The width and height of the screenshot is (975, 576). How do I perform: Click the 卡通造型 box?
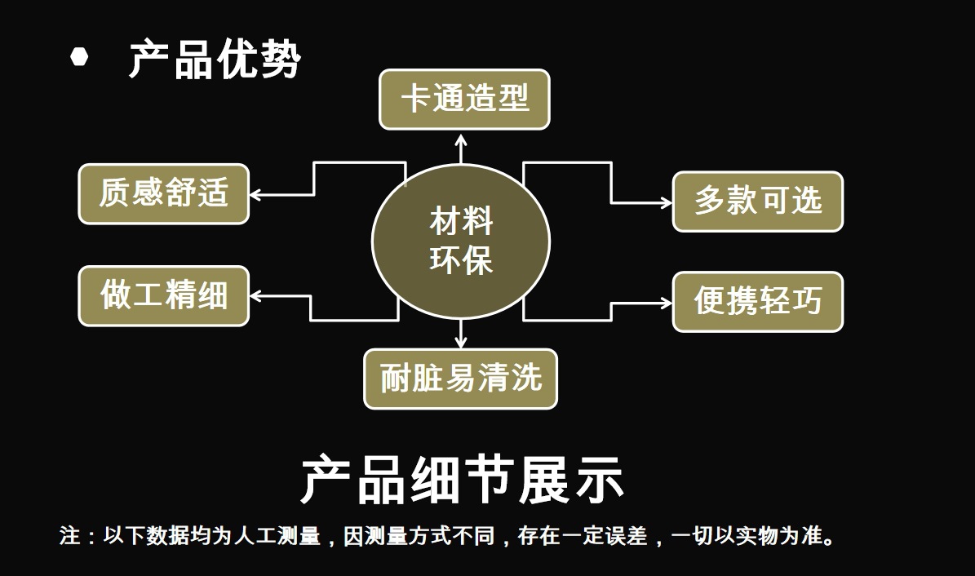[x=464, y=100]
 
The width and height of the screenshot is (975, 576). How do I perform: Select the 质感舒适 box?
[x=163, y=194]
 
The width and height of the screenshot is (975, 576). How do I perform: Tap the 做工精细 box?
[x=163, y=295]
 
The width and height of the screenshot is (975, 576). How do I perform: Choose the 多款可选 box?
[x=757, y=202]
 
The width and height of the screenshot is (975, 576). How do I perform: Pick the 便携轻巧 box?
[x=757, y=302]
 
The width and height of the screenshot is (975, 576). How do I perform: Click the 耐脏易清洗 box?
[x=460, y=379]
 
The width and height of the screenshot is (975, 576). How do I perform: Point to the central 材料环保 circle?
[x=461, y=241]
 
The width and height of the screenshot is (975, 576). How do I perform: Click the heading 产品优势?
[x=215, y=59]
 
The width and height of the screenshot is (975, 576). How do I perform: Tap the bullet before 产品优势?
[x=79, y=57]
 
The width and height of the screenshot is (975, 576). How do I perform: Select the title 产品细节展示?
[x=462, y=479]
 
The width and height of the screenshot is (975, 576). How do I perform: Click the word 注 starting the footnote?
[x=69, y=536]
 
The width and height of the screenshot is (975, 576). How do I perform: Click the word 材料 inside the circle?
[x=461, y=221]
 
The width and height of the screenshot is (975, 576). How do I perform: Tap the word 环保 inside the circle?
[x=461, y=262]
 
